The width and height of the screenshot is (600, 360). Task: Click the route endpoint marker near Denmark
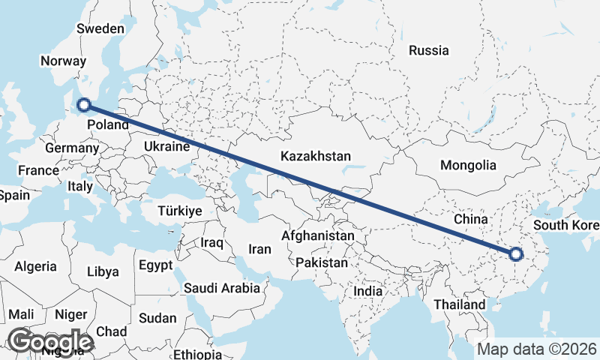[84, 106]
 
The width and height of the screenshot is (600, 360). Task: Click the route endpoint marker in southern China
[515, 254]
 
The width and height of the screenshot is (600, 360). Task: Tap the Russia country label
[429, 51]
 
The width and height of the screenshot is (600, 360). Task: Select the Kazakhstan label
[316, 157]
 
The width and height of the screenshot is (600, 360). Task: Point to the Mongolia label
[468, 165]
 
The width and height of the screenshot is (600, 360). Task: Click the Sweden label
[100, 28]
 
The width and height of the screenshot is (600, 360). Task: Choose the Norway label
[65, 61]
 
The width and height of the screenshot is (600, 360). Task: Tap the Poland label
[108, 125]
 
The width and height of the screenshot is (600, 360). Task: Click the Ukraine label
[164, 146]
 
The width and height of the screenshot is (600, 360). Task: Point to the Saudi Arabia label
[222, 287]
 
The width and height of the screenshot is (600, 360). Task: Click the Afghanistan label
[317, 235]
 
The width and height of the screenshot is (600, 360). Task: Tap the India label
[368, 291]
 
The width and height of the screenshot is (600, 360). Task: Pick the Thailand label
[460, 305]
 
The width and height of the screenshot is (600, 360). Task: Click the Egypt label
[156, 265]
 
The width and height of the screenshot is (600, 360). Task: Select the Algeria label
[36, 266]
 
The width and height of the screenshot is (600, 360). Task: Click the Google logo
[49, 341]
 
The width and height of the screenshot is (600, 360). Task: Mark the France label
[38, 170]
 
